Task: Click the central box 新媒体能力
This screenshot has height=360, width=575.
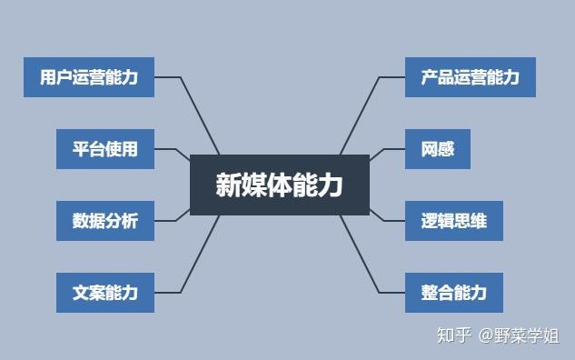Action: pos(279,185)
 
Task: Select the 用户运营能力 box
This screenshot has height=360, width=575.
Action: pos(89,77)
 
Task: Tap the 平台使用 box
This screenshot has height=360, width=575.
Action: pos(104,149)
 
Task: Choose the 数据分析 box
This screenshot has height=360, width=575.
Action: pos(104,220)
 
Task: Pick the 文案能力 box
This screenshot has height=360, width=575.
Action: pos(104,292)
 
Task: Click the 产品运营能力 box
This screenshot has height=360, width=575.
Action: pos(470,77)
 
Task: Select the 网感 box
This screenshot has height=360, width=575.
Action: pos(437,149)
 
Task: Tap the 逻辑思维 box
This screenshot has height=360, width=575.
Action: pos(452,220)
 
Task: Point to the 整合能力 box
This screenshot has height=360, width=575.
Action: pos(453,292)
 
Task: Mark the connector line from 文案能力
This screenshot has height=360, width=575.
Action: pos(203,254)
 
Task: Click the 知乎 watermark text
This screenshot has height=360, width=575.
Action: pos(454,335)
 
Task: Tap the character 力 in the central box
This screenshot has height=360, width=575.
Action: pos(332,185)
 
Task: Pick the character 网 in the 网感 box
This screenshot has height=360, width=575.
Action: pos(429,149)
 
